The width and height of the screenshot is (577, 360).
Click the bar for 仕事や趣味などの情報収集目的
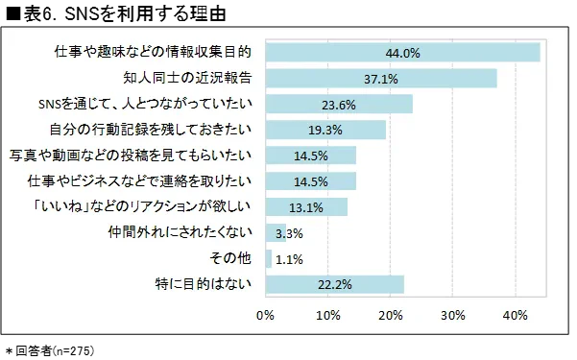402,53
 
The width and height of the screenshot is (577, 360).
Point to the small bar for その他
269,258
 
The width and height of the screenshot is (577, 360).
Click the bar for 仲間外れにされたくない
276,232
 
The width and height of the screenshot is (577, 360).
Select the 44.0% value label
403,53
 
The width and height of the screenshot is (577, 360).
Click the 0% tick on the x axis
266,314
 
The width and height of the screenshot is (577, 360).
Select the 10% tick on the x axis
328,314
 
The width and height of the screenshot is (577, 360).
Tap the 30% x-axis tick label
453,314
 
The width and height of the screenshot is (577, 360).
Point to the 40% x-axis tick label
516,314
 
